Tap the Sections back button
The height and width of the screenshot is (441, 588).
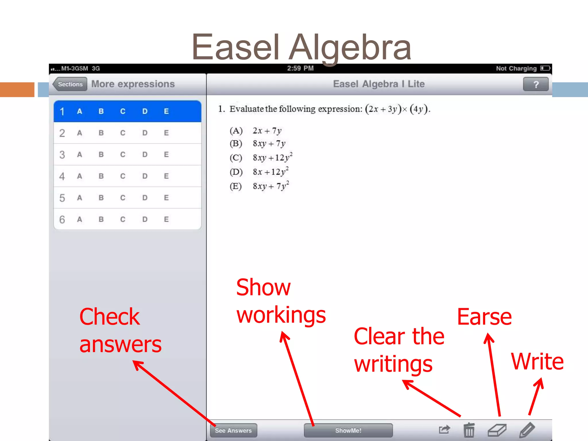point(70,84)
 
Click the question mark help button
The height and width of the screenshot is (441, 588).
point(536,84)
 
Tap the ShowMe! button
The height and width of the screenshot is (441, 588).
point(348,430)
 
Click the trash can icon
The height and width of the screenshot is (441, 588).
point(469,430)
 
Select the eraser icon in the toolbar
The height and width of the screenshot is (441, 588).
point(497,430)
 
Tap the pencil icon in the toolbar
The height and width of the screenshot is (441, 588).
point(527,430)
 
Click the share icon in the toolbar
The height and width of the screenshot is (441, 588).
point(444,430)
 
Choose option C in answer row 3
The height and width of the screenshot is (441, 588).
point(123,154)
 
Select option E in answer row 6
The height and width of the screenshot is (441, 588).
point(166,219)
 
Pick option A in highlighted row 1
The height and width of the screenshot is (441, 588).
point(80,111)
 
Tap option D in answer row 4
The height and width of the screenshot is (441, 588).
point(145,176)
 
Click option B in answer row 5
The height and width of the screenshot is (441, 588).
point(101,198)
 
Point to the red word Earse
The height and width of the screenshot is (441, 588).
point(484,317)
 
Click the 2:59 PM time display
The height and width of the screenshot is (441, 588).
point(300,68)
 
